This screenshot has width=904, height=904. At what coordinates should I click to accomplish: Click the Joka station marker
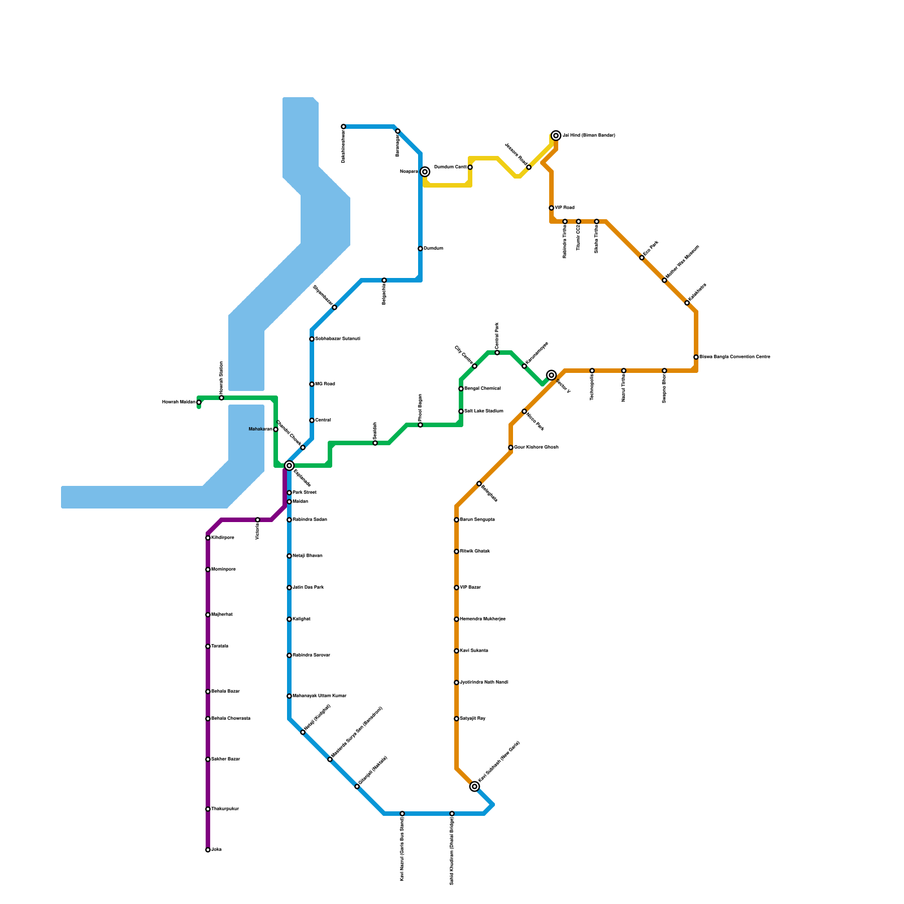pos(208,850)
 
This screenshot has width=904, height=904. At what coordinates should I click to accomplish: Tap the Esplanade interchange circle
pos(289,466)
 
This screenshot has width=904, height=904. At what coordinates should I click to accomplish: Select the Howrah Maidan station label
pos(179,402)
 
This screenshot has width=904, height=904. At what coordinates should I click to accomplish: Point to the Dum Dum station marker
pos(420,249)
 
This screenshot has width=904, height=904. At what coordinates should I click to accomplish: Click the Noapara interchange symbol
pos(425,172)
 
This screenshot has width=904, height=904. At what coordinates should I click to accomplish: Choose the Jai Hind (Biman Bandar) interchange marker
pos(556,136)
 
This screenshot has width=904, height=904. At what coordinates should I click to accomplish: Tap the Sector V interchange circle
pos(551,375)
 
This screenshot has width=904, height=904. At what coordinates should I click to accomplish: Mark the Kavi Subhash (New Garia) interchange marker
pos(475,786)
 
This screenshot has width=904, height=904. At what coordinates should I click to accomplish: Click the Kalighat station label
pos(302,619)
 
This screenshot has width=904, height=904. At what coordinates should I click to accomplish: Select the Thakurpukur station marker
pos(208,809)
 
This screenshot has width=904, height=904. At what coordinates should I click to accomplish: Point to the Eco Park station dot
pos(642,258)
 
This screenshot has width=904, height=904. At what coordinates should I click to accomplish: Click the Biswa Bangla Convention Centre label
pos(734,357)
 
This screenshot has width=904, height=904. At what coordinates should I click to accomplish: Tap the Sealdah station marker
pos(375,443)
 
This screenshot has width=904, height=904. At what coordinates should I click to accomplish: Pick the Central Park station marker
pos(497,353)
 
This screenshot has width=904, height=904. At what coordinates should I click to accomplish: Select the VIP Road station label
pos(564,208)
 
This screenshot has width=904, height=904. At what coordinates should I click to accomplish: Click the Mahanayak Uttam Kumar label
pos(319,696)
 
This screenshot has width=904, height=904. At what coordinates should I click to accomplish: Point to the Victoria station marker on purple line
pos(258,520)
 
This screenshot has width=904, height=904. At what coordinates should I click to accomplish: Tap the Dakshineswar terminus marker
pos(344,127)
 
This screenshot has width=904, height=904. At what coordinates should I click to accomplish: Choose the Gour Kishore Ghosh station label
pos(536,447)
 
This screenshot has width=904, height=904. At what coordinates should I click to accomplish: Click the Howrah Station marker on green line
pos(221,398)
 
